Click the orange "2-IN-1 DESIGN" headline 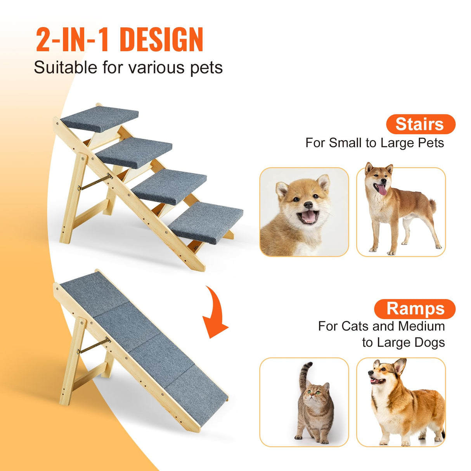[x=119, y=40]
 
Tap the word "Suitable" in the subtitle [x=65, y=68]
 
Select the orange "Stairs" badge [x=420, y=124]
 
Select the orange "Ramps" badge [x=415, y=309]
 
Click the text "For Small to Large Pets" [x=374, y=143]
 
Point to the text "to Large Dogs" [x=403, y=343]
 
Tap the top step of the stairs [x=100, y=117]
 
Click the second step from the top [x=134, y=152]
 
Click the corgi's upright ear [x=399, y=366]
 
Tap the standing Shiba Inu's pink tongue [x=382, y=190]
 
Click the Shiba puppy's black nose [x=308, y=205]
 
